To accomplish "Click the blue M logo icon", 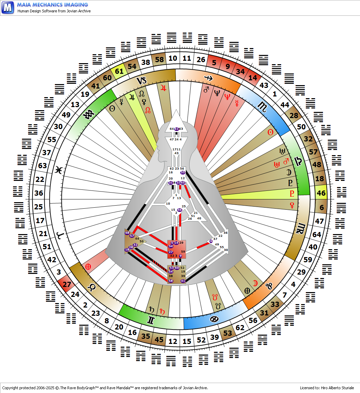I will [8, 7].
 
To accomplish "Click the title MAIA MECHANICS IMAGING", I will [52, 5].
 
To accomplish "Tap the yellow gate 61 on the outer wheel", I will [119, 71].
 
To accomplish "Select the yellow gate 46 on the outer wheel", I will [321, 193].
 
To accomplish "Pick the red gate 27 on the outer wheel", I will [67, 285].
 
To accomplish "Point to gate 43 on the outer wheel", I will [264, 85].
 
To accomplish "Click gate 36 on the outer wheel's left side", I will [39, 193].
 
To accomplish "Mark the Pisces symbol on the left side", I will [58, 170].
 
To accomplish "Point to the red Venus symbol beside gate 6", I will [292, 205].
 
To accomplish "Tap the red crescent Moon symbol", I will [255, 283].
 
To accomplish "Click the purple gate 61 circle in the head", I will [176, 129].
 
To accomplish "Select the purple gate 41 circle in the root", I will [183, 281].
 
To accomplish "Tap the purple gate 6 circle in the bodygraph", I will [211, 241].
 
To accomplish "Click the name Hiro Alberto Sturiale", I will [337, 388].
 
